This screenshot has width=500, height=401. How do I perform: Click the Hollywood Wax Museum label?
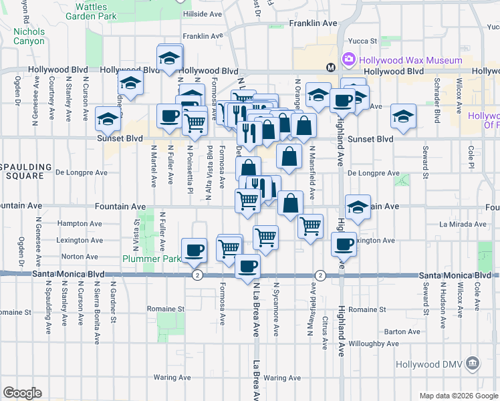click(410, 60)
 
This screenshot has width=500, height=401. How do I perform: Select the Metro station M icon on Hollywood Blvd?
click(330, 68)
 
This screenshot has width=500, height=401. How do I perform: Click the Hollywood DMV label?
click(428, 364)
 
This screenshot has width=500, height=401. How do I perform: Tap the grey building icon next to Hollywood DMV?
click(473, 364)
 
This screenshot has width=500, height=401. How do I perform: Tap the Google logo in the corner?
click(22, 392)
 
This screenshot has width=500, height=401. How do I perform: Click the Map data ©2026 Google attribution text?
click(458, 396)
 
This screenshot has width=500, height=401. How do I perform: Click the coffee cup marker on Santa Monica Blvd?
click(248, 267)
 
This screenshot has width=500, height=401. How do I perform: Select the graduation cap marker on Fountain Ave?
click(358, 207)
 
